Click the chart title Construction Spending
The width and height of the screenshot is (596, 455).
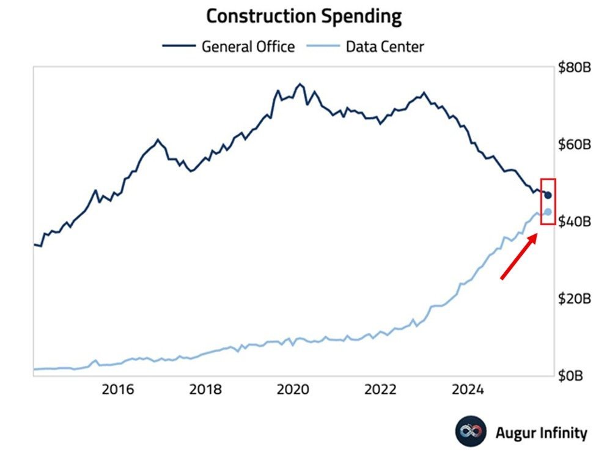pyautogui.click(x=303, y=17)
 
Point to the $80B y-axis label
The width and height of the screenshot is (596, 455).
pyautogui.click(x=574, y=68)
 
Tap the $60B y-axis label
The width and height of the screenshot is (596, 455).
pyautogui.click(x=574, y=145)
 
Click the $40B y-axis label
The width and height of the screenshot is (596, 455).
pyautogui.click(x=574, y=221)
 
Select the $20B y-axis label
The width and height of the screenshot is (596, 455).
pyautogui.click(x=574, y=298)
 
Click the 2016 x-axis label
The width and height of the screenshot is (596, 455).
pyautogui.click(x=117, y=390)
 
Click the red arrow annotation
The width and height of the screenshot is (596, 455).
pyautogui.click(x=518, y=257)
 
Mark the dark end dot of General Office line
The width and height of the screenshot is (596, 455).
pyautogui.click(x=548, y=195)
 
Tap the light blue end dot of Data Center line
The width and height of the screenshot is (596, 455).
pyautogui.click(x=548, y=212)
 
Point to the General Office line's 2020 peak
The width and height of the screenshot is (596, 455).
pyautogui.click(x=300, y=84)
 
